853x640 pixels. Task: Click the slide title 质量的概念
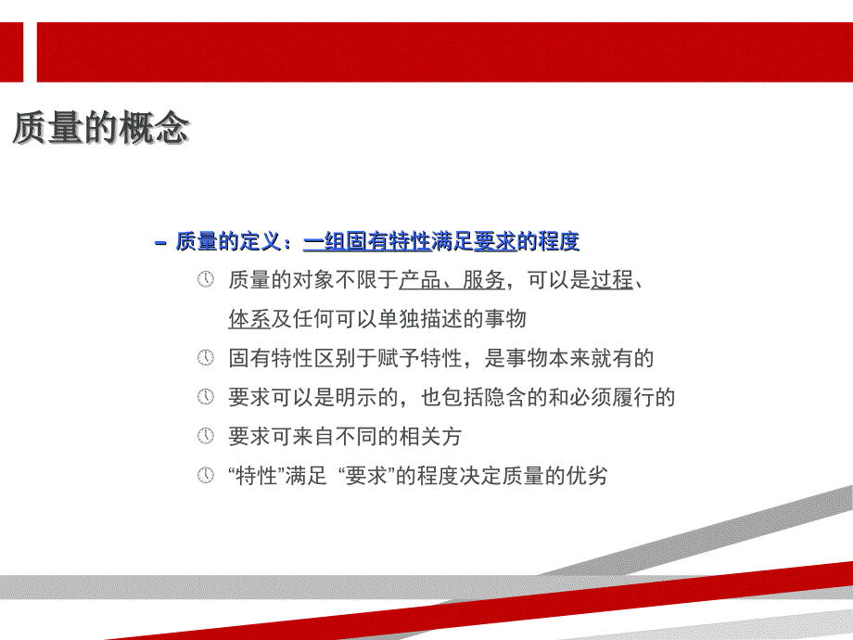coord(101,128)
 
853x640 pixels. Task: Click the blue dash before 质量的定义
coord(159,242)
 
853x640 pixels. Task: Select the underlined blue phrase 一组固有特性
coord(366,241)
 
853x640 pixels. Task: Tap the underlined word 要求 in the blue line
coord(494,241)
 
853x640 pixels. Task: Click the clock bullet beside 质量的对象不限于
coord(205,280)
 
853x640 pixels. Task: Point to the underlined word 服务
coord(484,280)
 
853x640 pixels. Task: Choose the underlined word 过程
coord(612,280)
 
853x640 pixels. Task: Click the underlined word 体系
coord(249,319)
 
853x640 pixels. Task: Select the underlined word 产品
coord(420,280)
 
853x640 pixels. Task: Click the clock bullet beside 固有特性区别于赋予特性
coord(205,358)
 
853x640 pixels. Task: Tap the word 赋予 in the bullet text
coord(399,358)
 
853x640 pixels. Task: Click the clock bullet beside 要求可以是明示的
coord(205,397)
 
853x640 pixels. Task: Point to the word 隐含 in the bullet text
coord(505,397)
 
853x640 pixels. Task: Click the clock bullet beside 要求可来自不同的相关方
coord(205,436)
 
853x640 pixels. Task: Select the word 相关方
coord(431,437)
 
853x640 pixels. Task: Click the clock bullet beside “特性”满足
coord(205,475)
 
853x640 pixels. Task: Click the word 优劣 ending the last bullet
coord(586,476)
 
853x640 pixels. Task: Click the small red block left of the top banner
coord(11,52)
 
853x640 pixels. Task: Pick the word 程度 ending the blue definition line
coord(559,241)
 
